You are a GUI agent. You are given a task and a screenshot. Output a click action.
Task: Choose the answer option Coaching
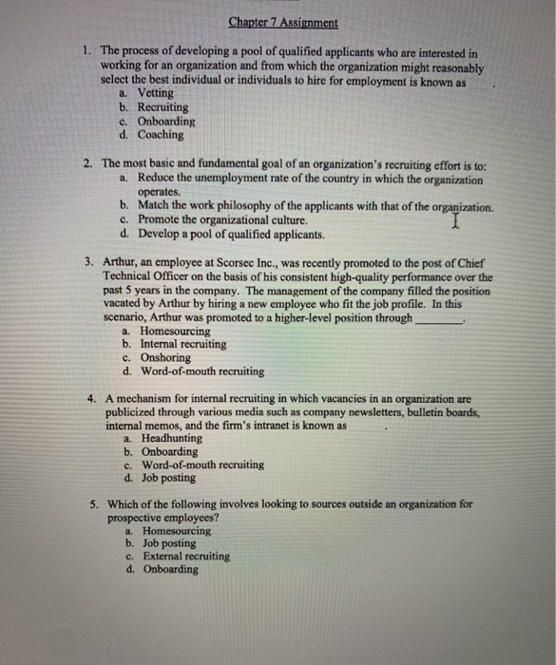point(160,135)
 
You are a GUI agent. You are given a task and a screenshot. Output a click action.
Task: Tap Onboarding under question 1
point(165,122)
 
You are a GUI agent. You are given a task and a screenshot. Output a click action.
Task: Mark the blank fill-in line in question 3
point(438,320)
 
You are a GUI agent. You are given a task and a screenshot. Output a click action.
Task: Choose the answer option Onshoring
point(165,357)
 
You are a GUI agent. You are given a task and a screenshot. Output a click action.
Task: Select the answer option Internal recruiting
point(182,344)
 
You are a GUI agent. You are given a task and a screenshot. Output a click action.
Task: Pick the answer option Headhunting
point(170,439)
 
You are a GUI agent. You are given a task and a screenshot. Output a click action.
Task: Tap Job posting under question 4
point(168,479)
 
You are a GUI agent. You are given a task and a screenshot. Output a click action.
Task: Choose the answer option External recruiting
point(186,556)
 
